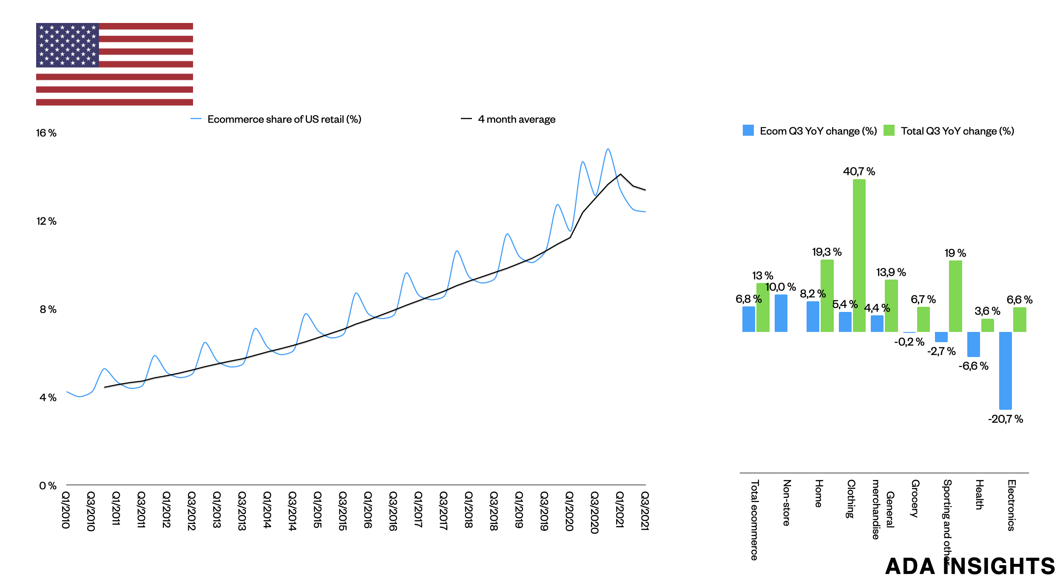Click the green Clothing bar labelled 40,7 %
[859, 255]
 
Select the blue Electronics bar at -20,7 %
[1005, 370]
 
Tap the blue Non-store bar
[781, 313]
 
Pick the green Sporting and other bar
[955, 296]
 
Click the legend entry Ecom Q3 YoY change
[810, 131]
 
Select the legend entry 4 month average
[516, 120]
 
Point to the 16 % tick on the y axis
[46, 133]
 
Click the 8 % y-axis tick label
[48, 309]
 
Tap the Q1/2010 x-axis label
[66, 510]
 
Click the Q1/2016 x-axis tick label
[368, 510]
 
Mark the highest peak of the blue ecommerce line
[608, 149]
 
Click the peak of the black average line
[620, 174]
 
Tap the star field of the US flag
[68, 45]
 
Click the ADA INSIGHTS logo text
[969, 566]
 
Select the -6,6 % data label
[973, 366]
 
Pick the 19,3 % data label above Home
[827, 252]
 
